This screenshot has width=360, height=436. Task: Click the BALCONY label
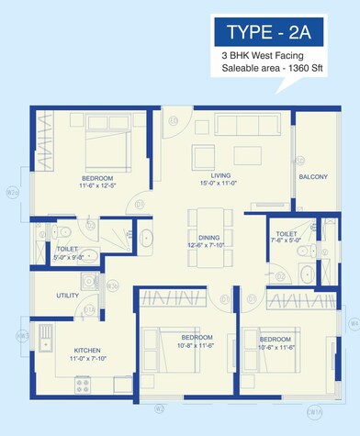pos(312,176)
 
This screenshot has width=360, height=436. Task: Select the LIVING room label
pos(219,174)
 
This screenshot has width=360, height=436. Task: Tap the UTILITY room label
pos(67,296)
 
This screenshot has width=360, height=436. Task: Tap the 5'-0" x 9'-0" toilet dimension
pos(71,257)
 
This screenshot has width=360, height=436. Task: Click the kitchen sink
pos(45,345)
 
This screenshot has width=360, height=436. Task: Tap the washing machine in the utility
pos(88,283)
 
